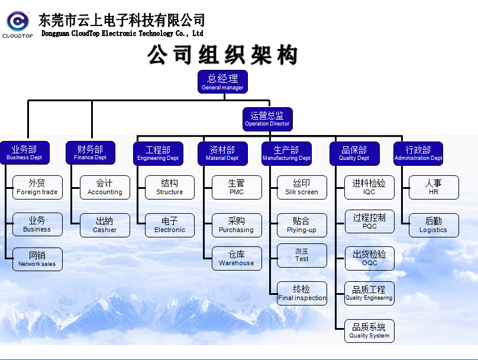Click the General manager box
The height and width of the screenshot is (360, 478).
[222, 82]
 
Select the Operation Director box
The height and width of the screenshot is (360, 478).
[267, 119]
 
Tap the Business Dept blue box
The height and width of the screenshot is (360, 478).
[24, 153]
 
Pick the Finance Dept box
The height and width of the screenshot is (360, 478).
[91, 153]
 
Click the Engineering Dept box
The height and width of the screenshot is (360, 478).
[158, 153]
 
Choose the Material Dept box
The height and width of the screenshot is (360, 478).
[222, 153]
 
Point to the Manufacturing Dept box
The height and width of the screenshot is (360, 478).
[286, 153]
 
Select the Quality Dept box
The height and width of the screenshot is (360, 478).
[354, 153]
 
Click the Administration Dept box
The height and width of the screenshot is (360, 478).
[418, 153]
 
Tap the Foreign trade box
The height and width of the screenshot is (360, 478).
[37, 187]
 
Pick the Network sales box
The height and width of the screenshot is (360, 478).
[37, 259]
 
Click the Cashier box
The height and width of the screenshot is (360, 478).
[105, 225]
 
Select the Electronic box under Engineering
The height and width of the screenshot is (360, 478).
[170, 225]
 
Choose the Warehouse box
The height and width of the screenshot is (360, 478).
[237, 258]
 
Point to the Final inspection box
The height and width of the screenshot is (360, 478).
[302, 293]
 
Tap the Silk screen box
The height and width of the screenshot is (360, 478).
[302, 187]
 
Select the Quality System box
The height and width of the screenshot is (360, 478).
[370, 330]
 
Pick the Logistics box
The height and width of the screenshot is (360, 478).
[434, 225]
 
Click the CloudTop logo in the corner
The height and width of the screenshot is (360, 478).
[18, 24]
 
